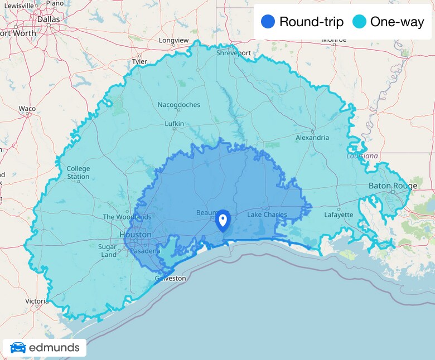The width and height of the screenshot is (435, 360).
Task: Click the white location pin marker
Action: [223, 221]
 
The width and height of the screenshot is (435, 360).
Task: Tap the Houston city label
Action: [136, 235]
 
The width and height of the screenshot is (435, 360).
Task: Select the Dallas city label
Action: [48, 19]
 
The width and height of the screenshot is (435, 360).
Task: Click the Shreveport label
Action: [233, 53]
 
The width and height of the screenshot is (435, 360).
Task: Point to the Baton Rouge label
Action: [393, 186]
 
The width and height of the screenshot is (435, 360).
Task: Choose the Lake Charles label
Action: [267, 215]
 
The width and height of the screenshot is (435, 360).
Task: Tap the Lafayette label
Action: [339, 215]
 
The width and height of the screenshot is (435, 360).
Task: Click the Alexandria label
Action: [312, 138]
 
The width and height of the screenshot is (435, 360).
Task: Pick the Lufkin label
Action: [174, 124]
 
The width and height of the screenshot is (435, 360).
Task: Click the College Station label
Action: [78, 173]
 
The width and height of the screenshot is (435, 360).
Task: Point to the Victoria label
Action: [36, 301]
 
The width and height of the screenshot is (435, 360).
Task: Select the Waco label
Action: [27, 109]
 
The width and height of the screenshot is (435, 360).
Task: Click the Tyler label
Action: [139, 61]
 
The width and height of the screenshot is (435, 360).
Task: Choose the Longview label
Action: [173, 41]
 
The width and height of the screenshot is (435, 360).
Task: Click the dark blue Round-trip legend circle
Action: [268, 22]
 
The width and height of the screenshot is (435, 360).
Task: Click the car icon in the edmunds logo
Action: [18, 348]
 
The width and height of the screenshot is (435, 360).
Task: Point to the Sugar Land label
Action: [108, 251]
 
